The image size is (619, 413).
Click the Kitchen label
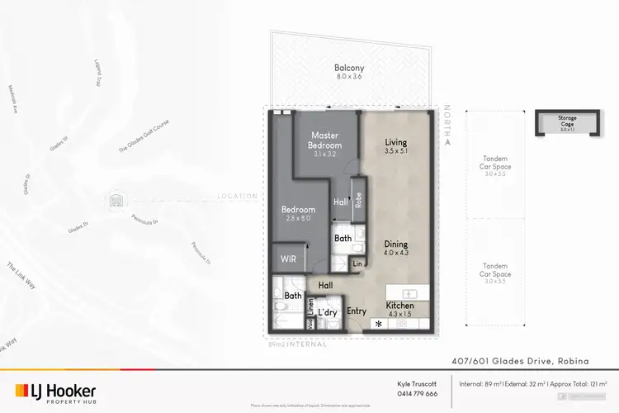(x=400, y=306)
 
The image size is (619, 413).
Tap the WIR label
(x=288, y=259)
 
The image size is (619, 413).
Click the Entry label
(x=357, y=311)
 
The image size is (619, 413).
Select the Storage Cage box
(x=569, y=123)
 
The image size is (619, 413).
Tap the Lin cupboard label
(x=357, y=263)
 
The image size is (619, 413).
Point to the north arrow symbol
(x=447, y=141)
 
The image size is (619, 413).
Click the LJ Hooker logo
(x=55, y=392)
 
